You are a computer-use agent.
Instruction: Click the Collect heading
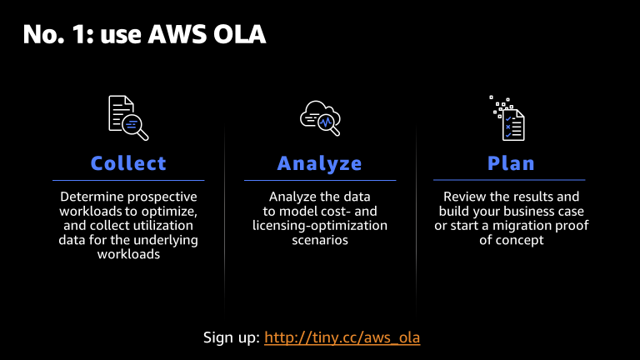[128, 163]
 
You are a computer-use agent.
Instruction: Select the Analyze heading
[320, 163]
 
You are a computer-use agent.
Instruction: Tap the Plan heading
[511, 163]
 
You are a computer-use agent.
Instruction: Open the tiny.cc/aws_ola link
[342, 337]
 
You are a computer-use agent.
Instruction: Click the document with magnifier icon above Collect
[128, 117]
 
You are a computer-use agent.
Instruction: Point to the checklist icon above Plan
[507, 118]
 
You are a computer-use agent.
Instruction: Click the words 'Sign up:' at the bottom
[231, 337]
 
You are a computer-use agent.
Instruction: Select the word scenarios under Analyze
[320, 240]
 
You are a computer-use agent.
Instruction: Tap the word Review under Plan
[465, 197]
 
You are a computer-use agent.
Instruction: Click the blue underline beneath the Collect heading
[128, 180]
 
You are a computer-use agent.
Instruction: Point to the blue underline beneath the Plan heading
[509, 180]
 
